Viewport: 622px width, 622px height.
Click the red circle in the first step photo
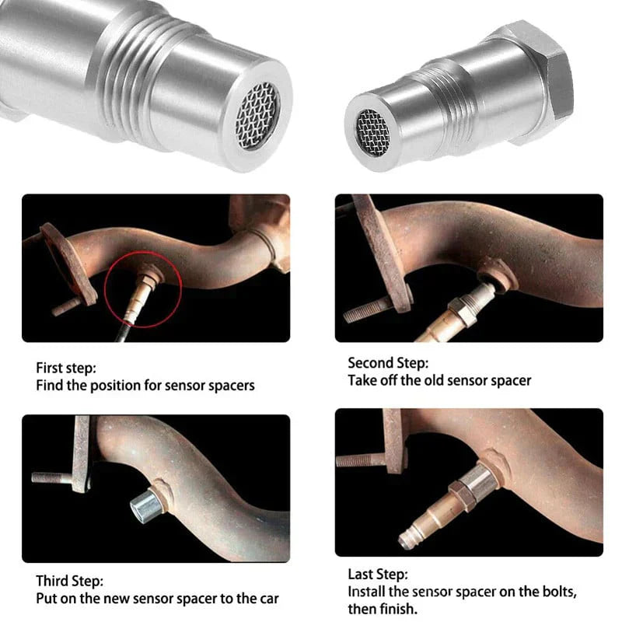pyautogui.click(x=143, y=289)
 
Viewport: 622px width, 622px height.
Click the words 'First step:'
pyautogui.click(x=66, y=368)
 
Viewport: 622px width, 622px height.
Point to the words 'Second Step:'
pyautogui.click(x=388, y=362)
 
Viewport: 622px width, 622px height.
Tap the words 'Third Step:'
pyautogui.click(x=69, y=581)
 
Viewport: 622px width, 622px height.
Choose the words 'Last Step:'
pyautogui.click(x=377, y=575)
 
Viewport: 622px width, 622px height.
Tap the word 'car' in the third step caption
pyautogui.click(x=267, y=599)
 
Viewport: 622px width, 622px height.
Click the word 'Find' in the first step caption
pyautogui.click(x=50, y=385)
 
